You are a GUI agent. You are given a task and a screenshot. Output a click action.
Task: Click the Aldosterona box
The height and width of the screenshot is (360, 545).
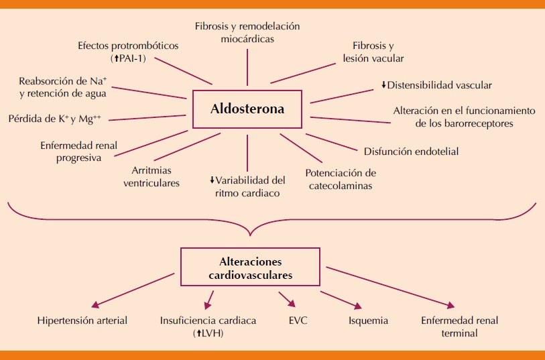[x=247, y=109]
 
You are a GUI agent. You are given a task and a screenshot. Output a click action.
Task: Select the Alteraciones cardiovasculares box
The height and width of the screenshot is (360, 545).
[x=251, y=269]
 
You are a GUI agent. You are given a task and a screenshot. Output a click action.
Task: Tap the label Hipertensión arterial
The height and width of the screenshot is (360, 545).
[x=82, y=320]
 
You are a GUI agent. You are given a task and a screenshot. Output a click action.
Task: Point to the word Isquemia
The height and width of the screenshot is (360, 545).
[x=368, y=320]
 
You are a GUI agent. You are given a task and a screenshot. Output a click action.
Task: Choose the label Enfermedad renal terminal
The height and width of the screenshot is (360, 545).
[x=459, y=326]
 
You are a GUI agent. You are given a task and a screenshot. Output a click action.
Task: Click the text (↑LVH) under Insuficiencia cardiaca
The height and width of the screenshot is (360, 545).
[x=208, y=333]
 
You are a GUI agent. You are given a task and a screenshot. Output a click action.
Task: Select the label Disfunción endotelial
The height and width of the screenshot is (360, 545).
[x=411, y=151]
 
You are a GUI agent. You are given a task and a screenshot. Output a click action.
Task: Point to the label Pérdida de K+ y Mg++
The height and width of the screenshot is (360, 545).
[x=55, y=119]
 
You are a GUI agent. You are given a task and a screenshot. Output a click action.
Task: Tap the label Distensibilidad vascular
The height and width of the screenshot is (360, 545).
[x=440, y=85]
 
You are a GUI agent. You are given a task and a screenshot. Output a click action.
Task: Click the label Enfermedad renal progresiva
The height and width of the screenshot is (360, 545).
[x=70, y=152]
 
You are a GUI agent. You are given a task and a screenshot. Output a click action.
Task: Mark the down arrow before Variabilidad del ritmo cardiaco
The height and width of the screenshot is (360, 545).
[x=212, y=180]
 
